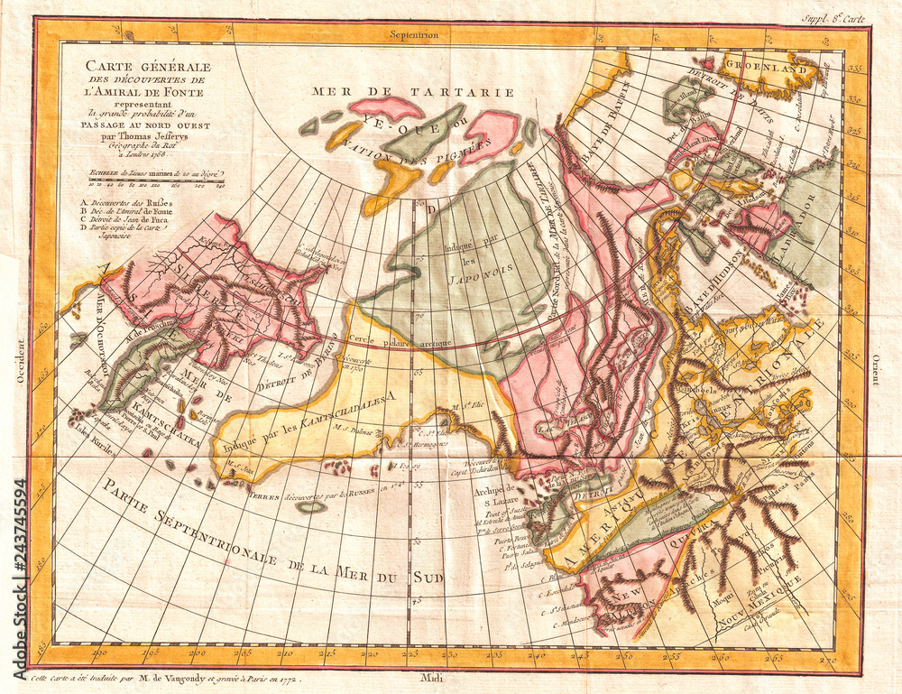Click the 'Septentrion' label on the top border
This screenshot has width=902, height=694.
[x=414, y=34]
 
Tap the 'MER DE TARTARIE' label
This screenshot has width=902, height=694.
[x=413, y=91]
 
